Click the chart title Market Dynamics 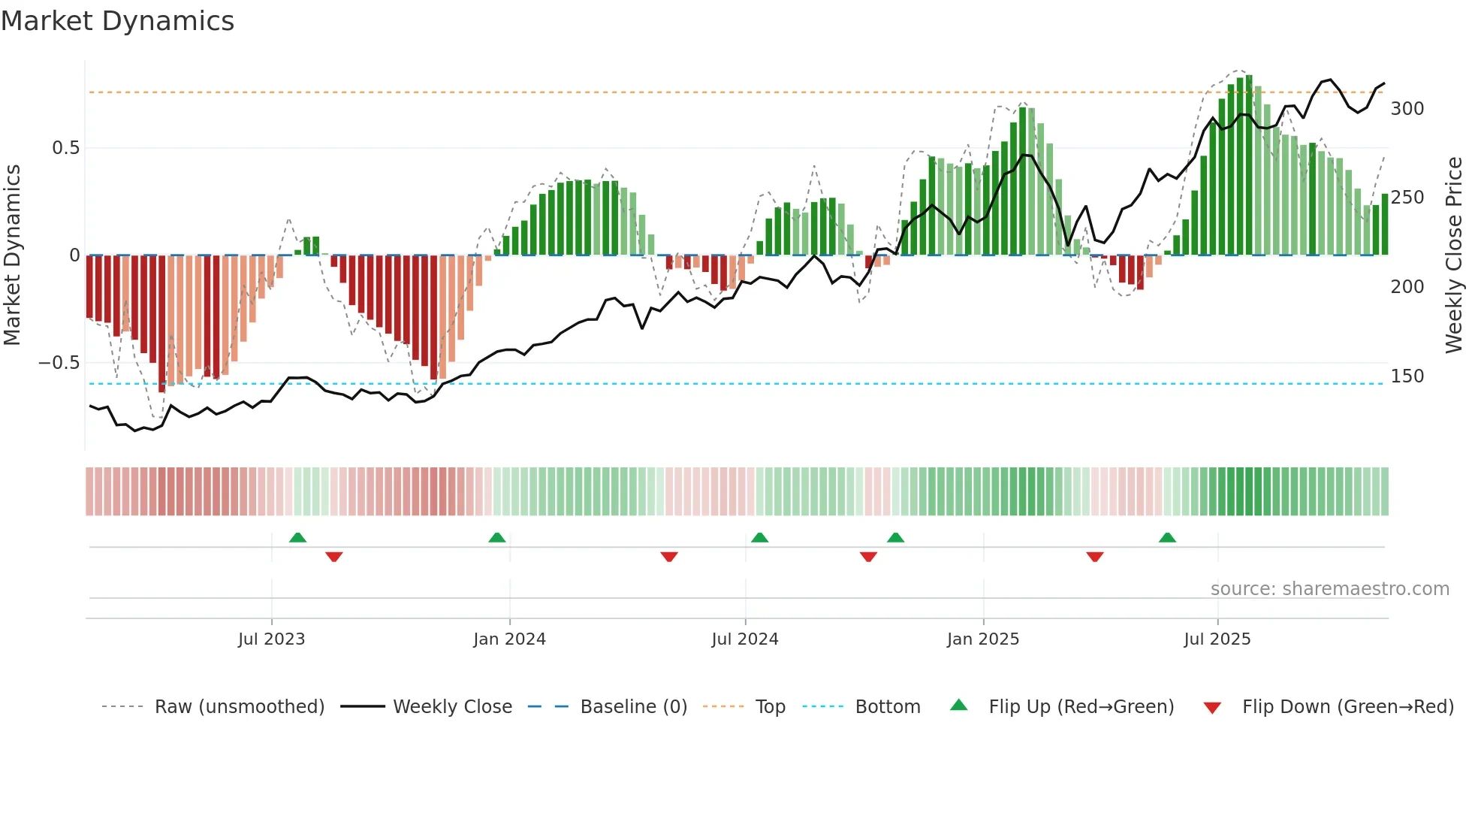pos(117,21)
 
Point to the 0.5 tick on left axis pos(66,148)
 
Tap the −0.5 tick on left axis pos(59,363)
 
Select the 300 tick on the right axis pos(1407,109)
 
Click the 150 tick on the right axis pos(1407,376)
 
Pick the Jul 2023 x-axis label pos(271,639)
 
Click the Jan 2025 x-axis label pos(982,639)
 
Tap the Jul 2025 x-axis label pos(1217,639)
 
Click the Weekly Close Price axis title pos(1454,255)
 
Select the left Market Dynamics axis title pos(12,255)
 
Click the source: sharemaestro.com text pos(1329,589)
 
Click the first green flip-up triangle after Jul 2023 pos(297,538)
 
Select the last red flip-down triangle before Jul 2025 pos(1094,557)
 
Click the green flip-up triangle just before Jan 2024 pos(496,538)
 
